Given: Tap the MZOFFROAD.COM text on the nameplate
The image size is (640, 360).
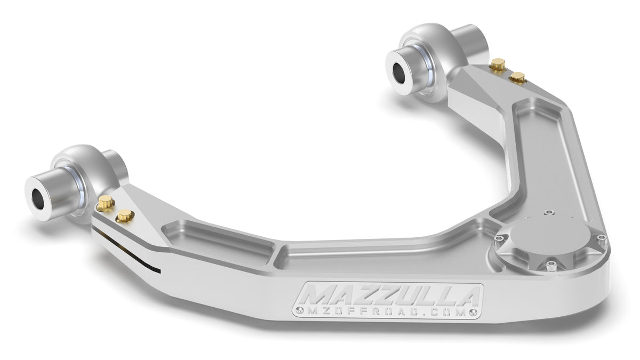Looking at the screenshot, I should (384, 312).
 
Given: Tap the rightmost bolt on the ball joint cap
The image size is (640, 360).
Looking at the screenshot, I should (601, 238).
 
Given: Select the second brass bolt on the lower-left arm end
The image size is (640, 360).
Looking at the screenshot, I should (125, 215).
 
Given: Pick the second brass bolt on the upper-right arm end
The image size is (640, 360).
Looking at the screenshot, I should (516, 78).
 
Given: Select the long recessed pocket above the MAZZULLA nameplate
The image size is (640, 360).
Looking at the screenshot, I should (384, 256).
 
